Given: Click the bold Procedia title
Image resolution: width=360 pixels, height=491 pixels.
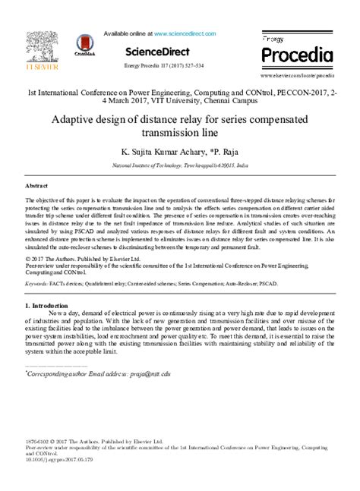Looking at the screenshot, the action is [x=297, y=55].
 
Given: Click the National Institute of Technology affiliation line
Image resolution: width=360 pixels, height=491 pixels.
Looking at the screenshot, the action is [x=179, y=165].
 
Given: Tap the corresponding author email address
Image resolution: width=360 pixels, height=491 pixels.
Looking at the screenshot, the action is [x=150, y=373].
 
